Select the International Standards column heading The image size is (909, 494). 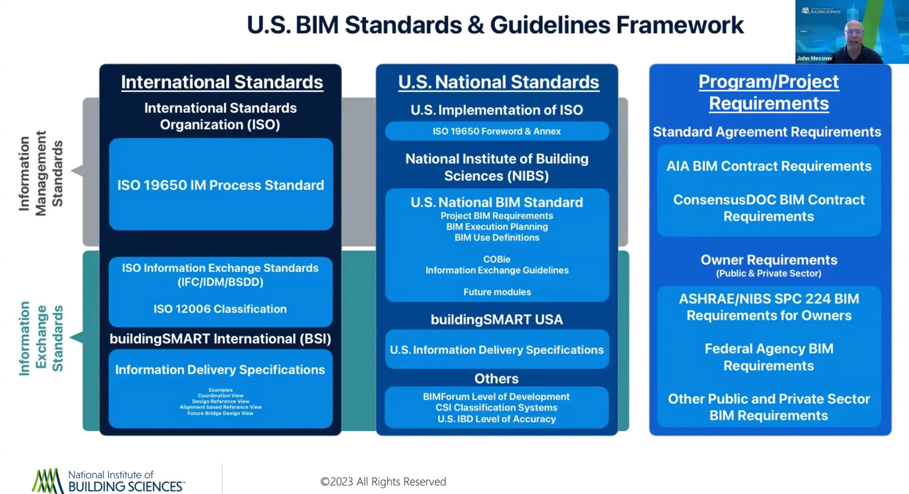pos(222,82)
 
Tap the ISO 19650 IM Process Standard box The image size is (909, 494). pos(221,185)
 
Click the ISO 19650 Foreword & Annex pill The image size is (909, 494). pos(496,131)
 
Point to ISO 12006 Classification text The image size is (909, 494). pos(220,309)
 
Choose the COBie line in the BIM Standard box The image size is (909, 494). pos(496,259)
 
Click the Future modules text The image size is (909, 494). pos(497,292)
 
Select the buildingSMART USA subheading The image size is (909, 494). pos(496,319)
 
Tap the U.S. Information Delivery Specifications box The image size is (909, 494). pos(496,350)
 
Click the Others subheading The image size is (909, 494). pos(496,379)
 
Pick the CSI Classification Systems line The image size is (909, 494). pos(496,407)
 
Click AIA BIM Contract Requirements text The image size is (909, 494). pos(769,166)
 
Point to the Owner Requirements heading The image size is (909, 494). pos(769,260)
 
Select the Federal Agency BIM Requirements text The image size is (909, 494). pos(769,357)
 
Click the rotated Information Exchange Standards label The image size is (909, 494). pos(41,338)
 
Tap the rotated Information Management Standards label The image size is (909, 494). pos(41,174)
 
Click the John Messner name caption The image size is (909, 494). pos(814,58)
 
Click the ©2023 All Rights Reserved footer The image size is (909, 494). pos(383,482)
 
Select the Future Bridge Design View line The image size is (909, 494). pos(221,413)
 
